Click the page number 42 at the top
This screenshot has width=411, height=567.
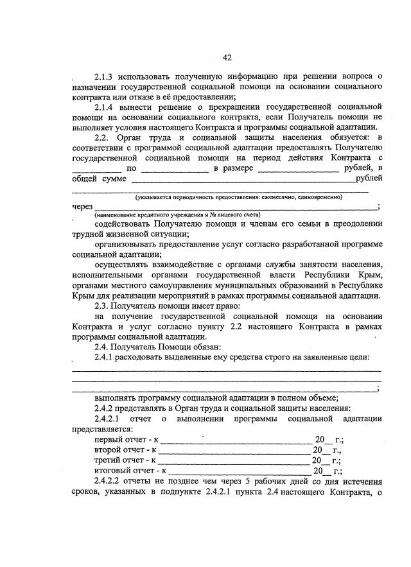tap(227, 58)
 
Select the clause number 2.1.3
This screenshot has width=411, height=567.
tap(105, 78)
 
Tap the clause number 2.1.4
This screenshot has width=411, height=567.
tap(105, 106)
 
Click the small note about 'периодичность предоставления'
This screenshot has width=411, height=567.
tap(238, 197)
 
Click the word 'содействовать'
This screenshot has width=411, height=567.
tap(123, 225)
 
